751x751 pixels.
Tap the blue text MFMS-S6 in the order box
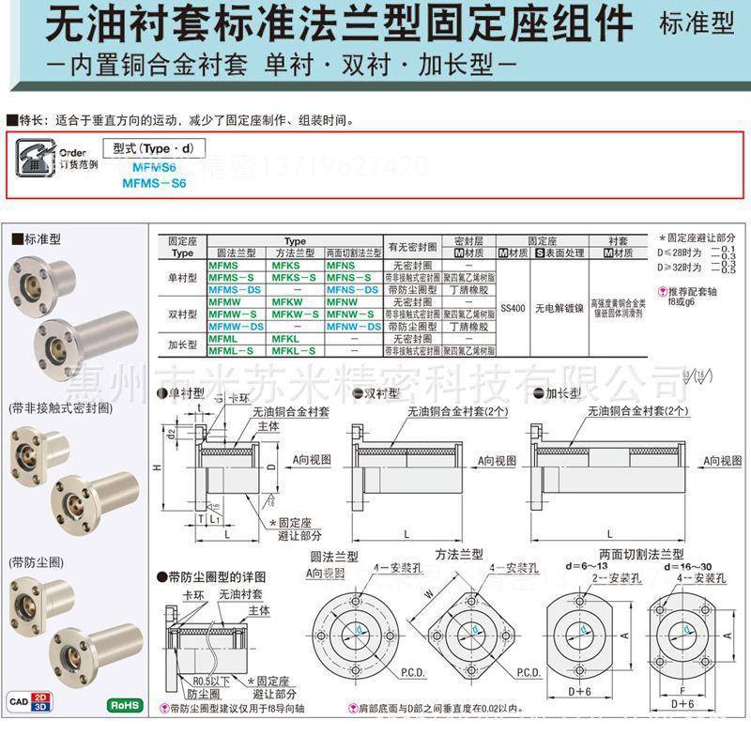point(154,183)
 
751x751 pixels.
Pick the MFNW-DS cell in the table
point(353,327)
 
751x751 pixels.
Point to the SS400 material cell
point(513,306)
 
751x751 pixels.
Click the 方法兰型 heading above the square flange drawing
point(458,556)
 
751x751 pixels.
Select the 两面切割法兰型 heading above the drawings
point(641,556)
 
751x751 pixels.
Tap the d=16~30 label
point(686,568)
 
